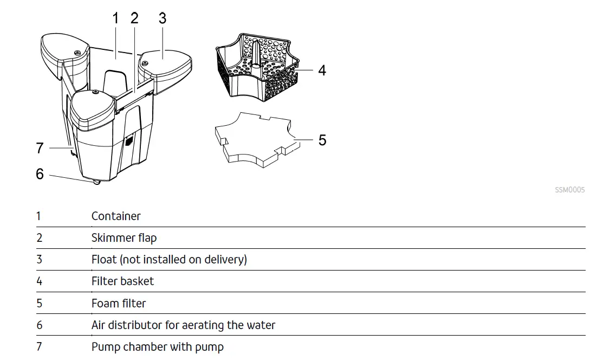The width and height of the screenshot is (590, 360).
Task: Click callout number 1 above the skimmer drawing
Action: coord(115,18)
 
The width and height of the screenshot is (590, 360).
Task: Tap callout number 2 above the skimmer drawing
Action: coord(134,18)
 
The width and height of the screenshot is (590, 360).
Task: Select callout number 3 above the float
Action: coord(163,18)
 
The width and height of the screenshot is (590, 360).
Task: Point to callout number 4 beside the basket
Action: coord(322,70)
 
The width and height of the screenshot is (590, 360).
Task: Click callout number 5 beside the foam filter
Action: coord(322,140)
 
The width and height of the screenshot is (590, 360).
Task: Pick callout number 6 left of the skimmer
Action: coord(40,174)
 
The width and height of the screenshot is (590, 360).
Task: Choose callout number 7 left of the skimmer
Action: coord(40,148)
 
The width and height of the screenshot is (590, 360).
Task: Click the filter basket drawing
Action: coord(257,68)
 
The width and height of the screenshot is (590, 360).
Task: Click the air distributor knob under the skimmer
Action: coord(96,182)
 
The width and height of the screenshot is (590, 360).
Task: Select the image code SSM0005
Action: coord(569,190)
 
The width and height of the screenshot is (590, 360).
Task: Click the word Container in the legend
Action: coord(116,216)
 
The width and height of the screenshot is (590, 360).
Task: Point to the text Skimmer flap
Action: coord(124,238)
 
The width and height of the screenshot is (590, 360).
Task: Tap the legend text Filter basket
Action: coord(122,281)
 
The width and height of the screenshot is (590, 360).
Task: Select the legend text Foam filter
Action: coord(119,303)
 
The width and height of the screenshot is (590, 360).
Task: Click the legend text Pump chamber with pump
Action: coord(157,347)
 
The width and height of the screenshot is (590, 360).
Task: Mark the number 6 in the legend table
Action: coord(39,325)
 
